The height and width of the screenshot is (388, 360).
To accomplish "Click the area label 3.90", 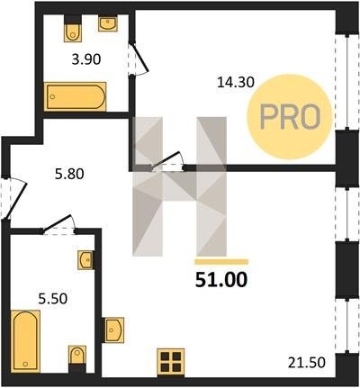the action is (86, 59).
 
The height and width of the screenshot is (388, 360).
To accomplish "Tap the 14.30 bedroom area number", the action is (236, 82).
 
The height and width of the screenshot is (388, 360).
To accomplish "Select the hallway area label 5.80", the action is (69, 174).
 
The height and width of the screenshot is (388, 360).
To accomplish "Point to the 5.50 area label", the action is (53, 299).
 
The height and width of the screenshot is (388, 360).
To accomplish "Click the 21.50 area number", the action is (307, 363).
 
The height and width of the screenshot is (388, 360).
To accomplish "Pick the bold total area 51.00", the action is (221, 280).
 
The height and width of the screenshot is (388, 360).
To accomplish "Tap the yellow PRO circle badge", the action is (290, 117).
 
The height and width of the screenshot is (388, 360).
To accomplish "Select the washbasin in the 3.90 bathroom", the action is (108, 24).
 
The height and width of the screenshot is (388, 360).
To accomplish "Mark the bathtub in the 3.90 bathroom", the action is (75, 96).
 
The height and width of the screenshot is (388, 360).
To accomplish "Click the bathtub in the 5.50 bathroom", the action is (25, 341).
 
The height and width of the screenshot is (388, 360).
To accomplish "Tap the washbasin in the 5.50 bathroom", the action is (86, 260).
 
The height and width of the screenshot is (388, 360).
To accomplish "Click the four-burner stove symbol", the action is (170, 363).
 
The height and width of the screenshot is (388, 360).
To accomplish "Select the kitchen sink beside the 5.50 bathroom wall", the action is (113, 329).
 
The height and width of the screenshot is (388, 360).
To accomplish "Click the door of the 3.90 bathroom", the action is (138, 59).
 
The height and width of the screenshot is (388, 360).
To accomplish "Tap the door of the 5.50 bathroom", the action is (58, 224).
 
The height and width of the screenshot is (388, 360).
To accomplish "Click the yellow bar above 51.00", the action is (221, 262).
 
